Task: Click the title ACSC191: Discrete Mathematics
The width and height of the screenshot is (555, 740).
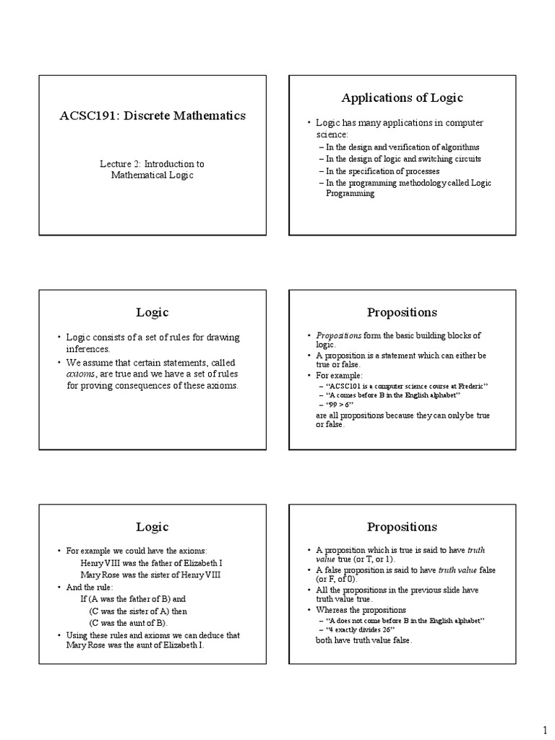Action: tap(152, 116)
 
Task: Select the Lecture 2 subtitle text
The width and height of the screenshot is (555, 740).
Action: tap(152, 169)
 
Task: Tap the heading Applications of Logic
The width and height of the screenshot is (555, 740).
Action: tap(402, 98)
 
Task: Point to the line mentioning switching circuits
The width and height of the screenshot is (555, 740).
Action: tap(403, 158)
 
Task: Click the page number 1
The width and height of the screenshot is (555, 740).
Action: tap(546, 728)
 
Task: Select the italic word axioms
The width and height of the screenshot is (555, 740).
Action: tap(81, 374)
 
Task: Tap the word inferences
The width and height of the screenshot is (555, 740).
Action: tap(88, 348)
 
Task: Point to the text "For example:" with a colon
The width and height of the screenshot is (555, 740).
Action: tap(339, 376)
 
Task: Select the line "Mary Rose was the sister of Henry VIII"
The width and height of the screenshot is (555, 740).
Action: tap(151, 574)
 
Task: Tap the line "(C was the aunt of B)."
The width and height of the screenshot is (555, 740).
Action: tap(128, 622)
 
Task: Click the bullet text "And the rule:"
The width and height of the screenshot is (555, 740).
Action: tap(90, 587)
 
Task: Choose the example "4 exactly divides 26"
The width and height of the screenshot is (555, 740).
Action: tap(369, 630)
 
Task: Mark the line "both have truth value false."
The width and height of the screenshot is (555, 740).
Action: tap(363, 640)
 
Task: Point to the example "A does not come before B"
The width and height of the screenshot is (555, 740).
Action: tap(405, 621)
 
